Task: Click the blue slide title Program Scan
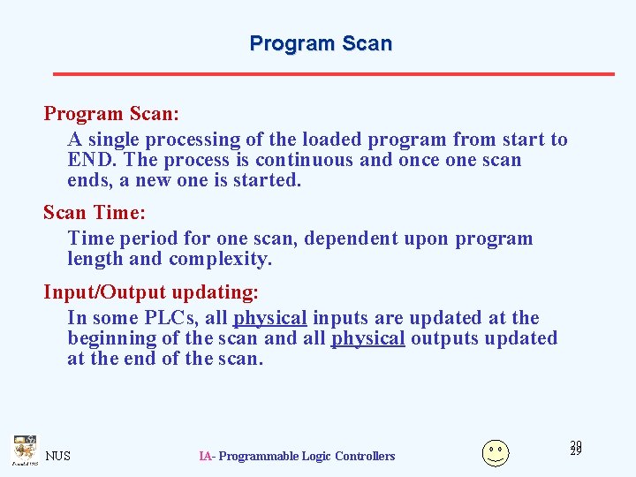[x=320, y=43]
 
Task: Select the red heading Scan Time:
[x=95, y=213]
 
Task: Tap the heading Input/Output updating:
[x=151, y=291]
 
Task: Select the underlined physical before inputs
[x=269, y=318]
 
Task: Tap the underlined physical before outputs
[x=367, y=338]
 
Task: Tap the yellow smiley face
[x=496, y=452]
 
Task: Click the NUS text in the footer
[x=58, y=456]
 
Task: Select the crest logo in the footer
[x=24, y=450]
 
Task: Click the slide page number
[x=576, y=449]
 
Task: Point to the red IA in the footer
[x=205, y=457]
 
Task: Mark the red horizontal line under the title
[x=333, y=73]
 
